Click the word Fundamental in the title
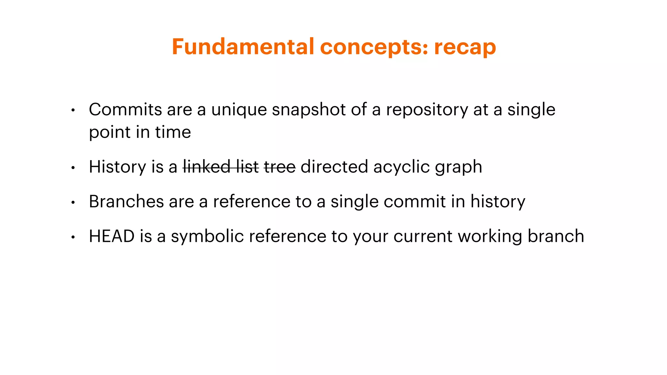(243, 47)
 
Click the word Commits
(125, 109)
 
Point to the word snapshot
(308, 110)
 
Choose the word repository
(427, 110)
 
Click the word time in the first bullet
(173, 132)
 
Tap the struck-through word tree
(280, 167)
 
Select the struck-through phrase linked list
(221, 167)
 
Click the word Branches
(126, 201)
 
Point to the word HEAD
(112, 236)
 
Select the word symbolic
(207, 237)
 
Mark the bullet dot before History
(73, 168)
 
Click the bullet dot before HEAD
(73, 237)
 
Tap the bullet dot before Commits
(73, 110)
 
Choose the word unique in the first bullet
(239, 110)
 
